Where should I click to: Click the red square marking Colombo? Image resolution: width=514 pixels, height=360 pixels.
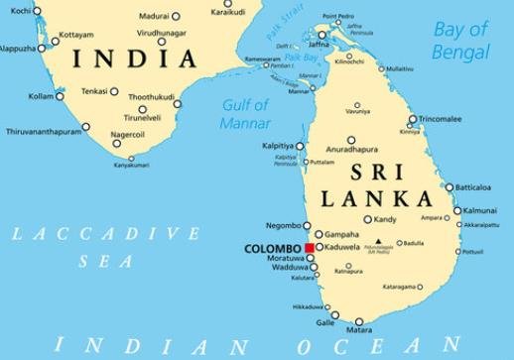pos(310,248)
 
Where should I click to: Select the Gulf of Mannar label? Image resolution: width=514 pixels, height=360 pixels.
pos(246,114)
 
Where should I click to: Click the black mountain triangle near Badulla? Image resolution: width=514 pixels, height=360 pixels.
pos(377,241)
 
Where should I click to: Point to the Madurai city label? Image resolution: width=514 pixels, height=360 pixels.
pos(153,16)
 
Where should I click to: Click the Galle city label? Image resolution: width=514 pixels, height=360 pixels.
pos(324,322)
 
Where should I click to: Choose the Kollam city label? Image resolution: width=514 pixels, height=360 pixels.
pos(40,96)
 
